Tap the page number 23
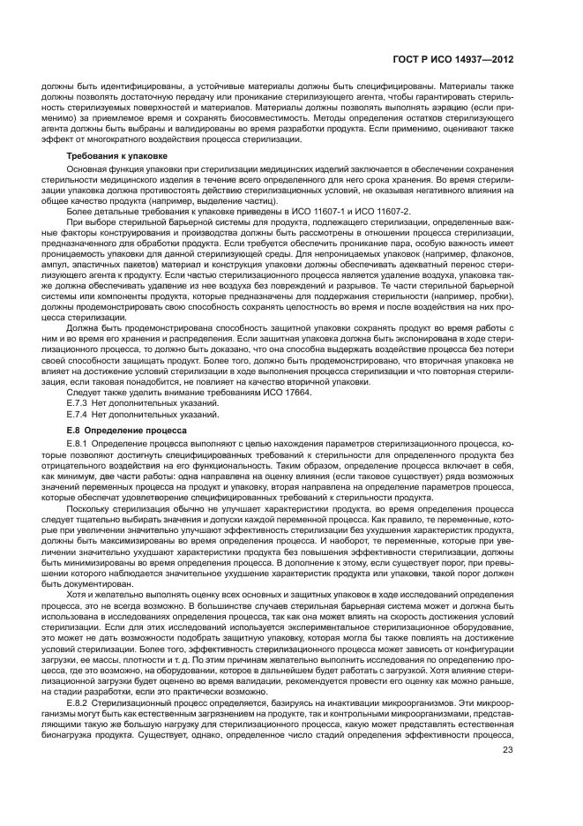click(x=508, y=775)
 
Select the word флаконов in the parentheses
click(x=488, y=259)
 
